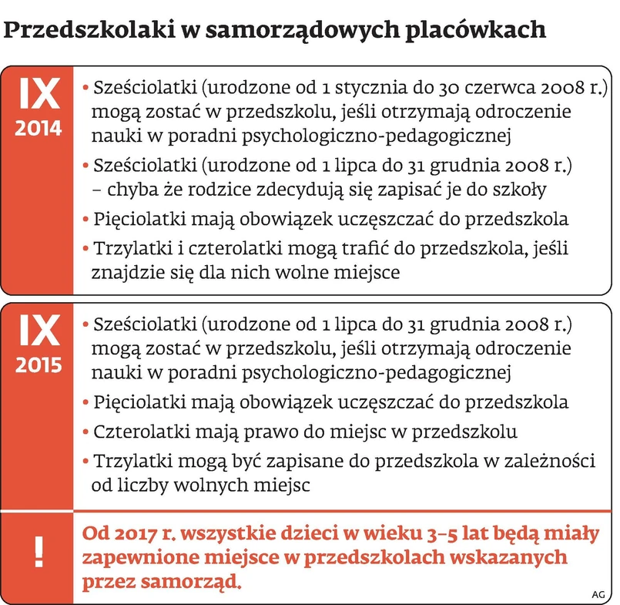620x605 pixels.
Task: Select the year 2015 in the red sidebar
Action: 38,364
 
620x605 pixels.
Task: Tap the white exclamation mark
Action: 37,548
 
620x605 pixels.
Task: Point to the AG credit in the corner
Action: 598,593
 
